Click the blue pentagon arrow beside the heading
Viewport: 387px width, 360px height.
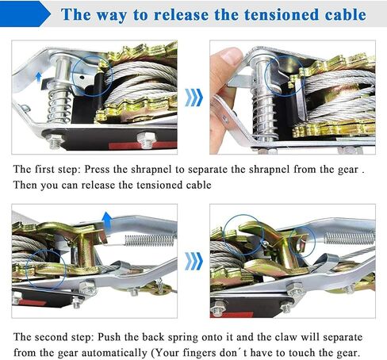click(x=25, y=13)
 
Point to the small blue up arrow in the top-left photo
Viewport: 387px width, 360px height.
click(x=39, y=77)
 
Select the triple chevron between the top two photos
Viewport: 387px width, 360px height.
click(x=193, y=98)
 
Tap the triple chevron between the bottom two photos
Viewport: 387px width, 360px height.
click(x=193, y=261)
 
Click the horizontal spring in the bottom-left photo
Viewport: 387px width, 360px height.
click(x=150, y=240)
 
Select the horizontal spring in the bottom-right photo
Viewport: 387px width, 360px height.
click(x=350, y=237)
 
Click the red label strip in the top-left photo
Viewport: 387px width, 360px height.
click(x=143, y=145)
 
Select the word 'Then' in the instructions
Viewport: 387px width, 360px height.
click(x=25, y=185)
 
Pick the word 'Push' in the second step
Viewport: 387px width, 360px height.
click(x=109, y=337)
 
